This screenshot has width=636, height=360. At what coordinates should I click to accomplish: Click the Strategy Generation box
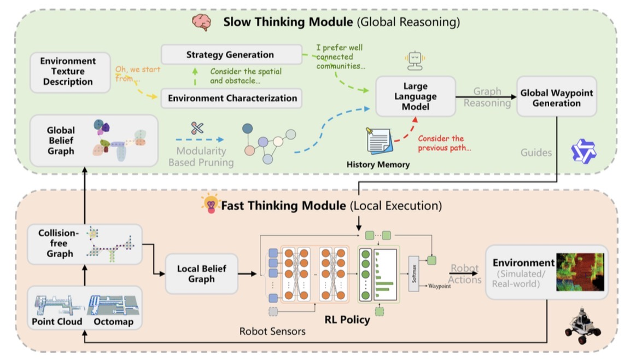[230, 55]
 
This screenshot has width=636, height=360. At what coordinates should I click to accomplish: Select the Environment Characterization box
[232, 98]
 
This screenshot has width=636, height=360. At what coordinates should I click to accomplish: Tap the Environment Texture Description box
[69, 72]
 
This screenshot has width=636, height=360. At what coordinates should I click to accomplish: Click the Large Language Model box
[416, 96]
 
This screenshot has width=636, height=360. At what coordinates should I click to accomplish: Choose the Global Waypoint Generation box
[557, 98]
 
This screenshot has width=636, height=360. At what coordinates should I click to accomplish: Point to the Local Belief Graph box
[202, 274]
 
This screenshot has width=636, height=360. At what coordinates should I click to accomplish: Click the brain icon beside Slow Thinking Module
[200, 22]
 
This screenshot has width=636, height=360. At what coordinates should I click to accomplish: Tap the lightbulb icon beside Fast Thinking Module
[211, 204]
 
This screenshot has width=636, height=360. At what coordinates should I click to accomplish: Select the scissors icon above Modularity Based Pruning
[197, 128]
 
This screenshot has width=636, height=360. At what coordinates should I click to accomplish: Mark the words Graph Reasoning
[487, 98]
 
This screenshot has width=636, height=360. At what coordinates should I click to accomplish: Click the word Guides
[536, 153]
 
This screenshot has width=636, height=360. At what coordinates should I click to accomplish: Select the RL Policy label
[347, 320]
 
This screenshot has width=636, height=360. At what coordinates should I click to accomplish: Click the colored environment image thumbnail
[580, 271]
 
